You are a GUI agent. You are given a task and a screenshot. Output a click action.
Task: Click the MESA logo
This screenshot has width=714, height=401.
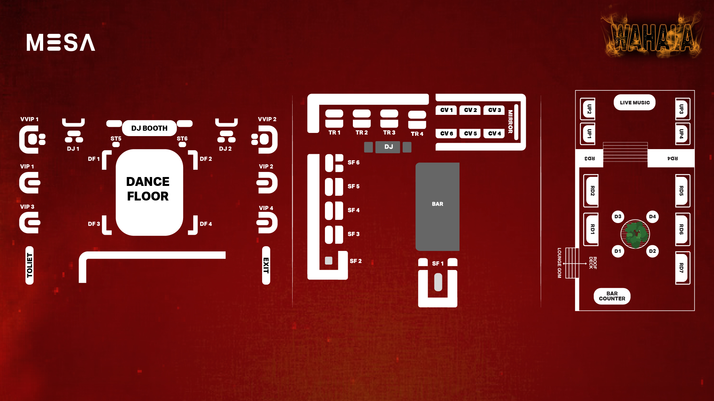click(61, 43)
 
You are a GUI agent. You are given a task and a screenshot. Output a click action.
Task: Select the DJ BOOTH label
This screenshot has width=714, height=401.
click(149, 128)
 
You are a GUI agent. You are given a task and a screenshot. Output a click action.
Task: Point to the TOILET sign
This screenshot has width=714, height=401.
click(30, 265)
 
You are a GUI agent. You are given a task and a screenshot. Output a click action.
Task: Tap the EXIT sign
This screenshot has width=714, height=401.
click(266, 265)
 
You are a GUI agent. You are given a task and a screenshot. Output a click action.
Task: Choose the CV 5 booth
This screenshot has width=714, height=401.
click(470, 134)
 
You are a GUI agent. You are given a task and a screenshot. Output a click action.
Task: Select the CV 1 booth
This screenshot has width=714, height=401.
click(446, 110)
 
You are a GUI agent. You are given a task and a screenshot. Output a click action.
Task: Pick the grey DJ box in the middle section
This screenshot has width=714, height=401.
click(388, 147)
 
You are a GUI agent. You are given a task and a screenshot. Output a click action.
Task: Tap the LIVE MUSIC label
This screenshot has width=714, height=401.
click(634, 102)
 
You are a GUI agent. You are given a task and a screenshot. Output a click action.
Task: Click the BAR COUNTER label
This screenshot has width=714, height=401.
click(612, 296)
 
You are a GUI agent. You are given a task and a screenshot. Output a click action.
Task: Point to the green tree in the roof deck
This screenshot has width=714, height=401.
click(635, 234)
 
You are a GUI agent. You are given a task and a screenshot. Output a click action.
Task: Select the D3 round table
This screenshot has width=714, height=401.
click(618, 217)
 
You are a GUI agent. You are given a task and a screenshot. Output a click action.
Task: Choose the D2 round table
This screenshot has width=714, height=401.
click(652, 251)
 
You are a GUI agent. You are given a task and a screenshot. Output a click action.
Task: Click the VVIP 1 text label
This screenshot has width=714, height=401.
click(29, 119)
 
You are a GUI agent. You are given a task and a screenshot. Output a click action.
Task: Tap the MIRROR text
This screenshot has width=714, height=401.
click(510, 122)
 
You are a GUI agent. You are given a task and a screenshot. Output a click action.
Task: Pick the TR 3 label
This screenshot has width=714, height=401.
click(389, 133)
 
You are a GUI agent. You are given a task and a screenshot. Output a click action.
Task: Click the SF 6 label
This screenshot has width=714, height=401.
click(354, 162)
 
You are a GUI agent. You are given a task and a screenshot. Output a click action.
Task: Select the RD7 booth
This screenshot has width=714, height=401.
click(681, 267)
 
